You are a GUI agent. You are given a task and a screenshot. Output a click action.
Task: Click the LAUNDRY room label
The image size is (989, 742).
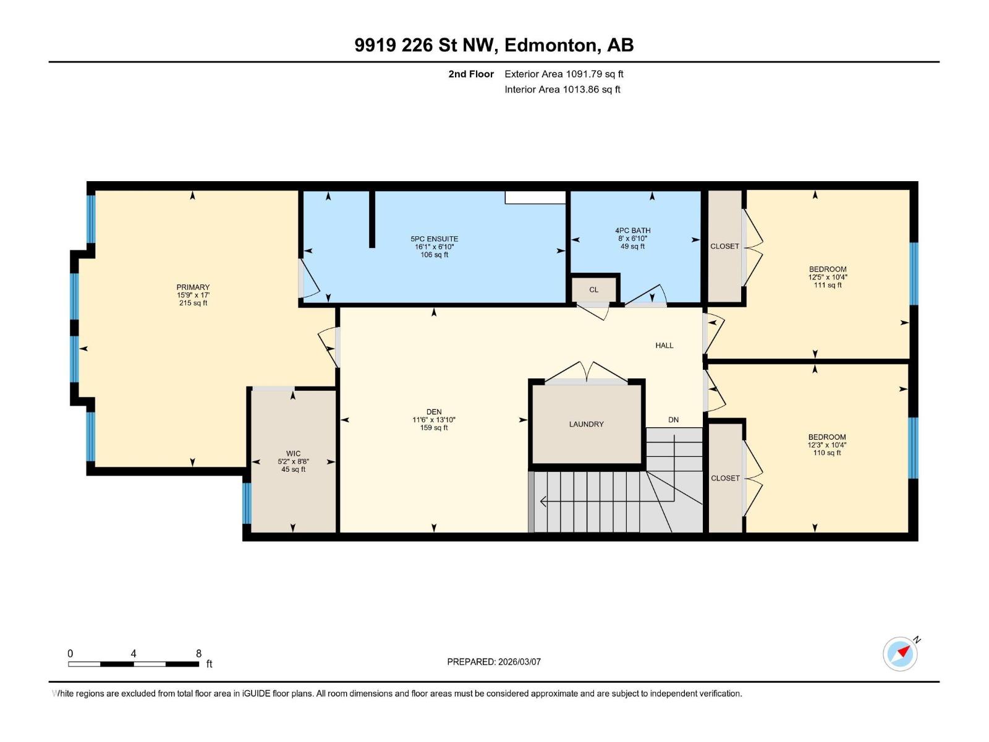tap(586, 424)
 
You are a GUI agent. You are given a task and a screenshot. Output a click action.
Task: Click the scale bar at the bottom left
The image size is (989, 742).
tap(134, 664)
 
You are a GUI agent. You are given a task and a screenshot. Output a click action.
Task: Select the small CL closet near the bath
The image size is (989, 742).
tap(594, 289)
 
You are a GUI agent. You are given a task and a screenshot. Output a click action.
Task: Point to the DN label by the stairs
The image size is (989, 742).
tap(673, 420)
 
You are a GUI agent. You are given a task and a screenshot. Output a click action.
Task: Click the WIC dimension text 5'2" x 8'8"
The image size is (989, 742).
tap(293, 461)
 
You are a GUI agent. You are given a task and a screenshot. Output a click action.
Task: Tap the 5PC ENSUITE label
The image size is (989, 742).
tap(435, 239)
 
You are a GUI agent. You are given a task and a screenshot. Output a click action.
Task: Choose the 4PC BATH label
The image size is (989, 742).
tap(632, 231)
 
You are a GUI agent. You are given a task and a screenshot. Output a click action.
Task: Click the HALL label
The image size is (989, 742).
tap(664, 346)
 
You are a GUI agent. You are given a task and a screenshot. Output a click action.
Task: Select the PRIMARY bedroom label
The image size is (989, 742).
tap(193, 287)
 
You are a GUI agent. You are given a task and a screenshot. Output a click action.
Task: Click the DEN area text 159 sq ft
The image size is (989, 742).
tap(434, 428)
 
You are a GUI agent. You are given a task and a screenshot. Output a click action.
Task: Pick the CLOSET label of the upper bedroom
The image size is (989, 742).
tap(724, 246)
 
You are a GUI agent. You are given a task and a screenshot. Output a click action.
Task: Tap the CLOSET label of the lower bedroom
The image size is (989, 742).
tap(725, 478)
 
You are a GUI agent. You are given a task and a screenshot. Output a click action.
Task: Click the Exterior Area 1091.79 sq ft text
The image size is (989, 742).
tap(564, 74)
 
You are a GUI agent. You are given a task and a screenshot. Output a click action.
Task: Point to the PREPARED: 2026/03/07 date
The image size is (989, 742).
tap(494, 662)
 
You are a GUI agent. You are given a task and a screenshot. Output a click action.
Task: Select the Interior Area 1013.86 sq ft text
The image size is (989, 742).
tap(562, 90)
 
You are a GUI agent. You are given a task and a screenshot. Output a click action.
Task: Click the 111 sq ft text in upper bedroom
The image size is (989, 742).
tap(828, 285)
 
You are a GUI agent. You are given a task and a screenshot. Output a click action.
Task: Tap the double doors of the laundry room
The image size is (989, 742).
tap(587, 372)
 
